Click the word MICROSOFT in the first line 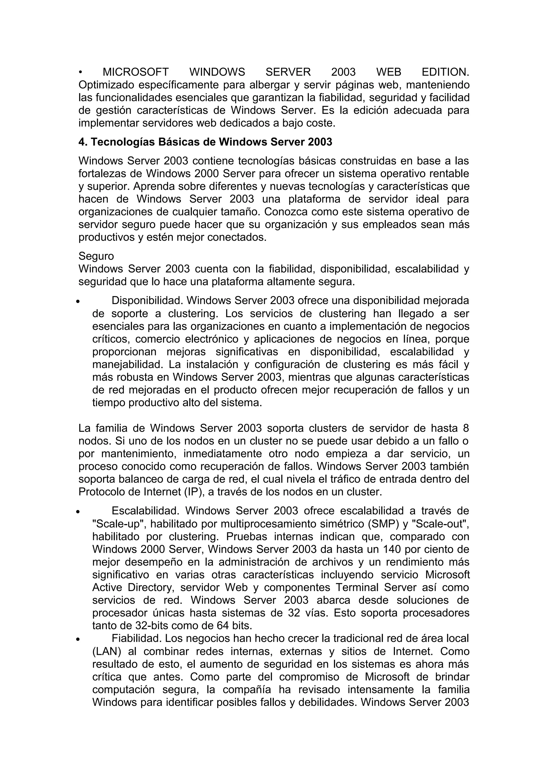click(135, 72)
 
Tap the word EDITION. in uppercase click(445, 72)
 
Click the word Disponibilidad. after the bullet click(147, 300)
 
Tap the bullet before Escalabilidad click(78, 512)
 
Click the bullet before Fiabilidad click(78, 640)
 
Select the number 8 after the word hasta click(466, 428)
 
